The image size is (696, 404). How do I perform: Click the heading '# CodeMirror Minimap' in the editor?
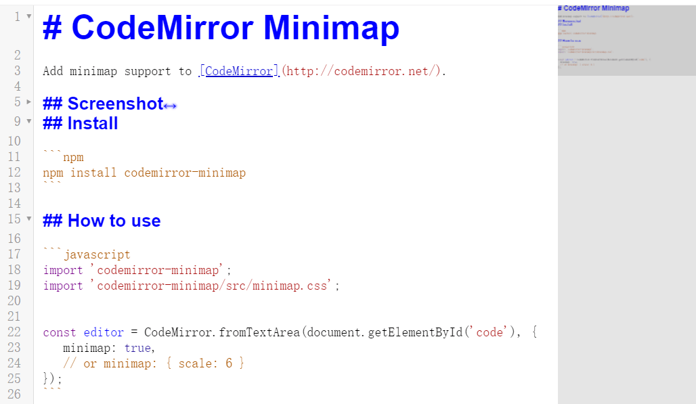221,28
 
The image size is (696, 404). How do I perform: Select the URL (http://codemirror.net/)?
364,71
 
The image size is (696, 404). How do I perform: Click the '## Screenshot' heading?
103,104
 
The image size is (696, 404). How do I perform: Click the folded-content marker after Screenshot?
171,105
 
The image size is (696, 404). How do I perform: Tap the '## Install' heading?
80,123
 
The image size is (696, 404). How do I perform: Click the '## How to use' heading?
102,221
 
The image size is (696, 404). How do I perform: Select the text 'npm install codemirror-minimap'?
144,173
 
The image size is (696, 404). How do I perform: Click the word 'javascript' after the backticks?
97,254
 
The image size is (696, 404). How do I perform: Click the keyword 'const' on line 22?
60,332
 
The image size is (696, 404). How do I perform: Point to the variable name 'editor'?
104,332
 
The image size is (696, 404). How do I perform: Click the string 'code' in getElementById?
491,332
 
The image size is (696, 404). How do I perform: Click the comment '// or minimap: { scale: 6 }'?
154,363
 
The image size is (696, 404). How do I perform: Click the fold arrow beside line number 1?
28,16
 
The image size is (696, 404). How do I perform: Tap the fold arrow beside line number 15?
28,219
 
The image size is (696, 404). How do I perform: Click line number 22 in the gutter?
14,332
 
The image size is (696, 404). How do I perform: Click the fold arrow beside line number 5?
28,102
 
